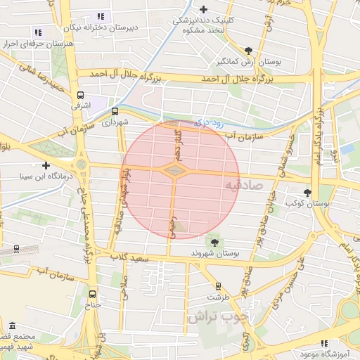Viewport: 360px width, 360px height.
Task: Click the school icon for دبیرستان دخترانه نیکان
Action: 101,16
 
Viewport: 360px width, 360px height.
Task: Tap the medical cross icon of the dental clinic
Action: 204,9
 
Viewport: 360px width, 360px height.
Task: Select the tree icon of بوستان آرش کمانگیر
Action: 249,50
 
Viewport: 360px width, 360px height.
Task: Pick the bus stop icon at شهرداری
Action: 115,110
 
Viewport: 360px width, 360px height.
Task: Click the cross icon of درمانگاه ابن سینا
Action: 46,166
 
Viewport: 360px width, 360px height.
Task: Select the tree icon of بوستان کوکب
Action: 307,192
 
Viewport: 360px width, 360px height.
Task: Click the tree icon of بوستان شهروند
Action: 214,241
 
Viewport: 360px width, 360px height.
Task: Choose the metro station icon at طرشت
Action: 218,286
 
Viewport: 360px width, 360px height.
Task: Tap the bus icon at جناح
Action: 94,294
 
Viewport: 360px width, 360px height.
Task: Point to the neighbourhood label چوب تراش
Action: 218,317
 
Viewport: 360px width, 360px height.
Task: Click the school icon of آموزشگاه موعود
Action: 324,342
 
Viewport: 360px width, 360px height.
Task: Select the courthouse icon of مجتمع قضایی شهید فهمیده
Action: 13,326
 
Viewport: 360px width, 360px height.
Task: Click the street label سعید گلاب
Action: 132,258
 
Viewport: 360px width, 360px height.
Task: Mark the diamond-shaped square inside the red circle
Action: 174,169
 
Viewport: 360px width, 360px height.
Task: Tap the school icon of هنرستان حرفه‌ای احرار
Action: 38,32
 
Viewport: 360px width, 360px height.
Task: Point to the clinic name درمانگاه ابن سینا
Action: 46,177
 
